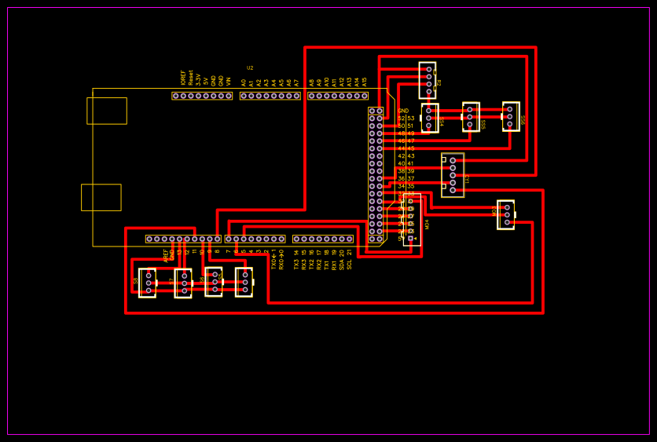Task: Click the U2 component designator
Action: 250,68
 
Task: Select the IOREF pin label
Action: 183,77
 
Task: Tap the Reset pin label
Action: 191,77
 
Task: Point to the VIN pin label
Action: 229,80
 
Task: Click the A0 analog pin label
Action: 244,82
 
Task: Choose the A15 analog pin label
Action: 365,81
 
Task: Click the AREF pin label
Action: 166,255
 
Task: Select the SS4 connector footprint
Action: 429,118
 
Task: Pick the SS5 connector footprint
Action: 471,117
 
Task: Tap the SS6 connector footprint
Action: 511,116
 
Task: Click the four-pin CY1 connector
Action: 452,175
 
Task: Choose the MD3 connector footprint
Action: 505,214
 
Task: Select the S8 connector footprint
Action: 147,283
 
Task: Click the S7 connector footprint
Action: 183,283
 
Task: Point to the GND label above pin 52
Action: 403,111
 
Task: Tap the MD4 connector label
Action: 428,224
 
